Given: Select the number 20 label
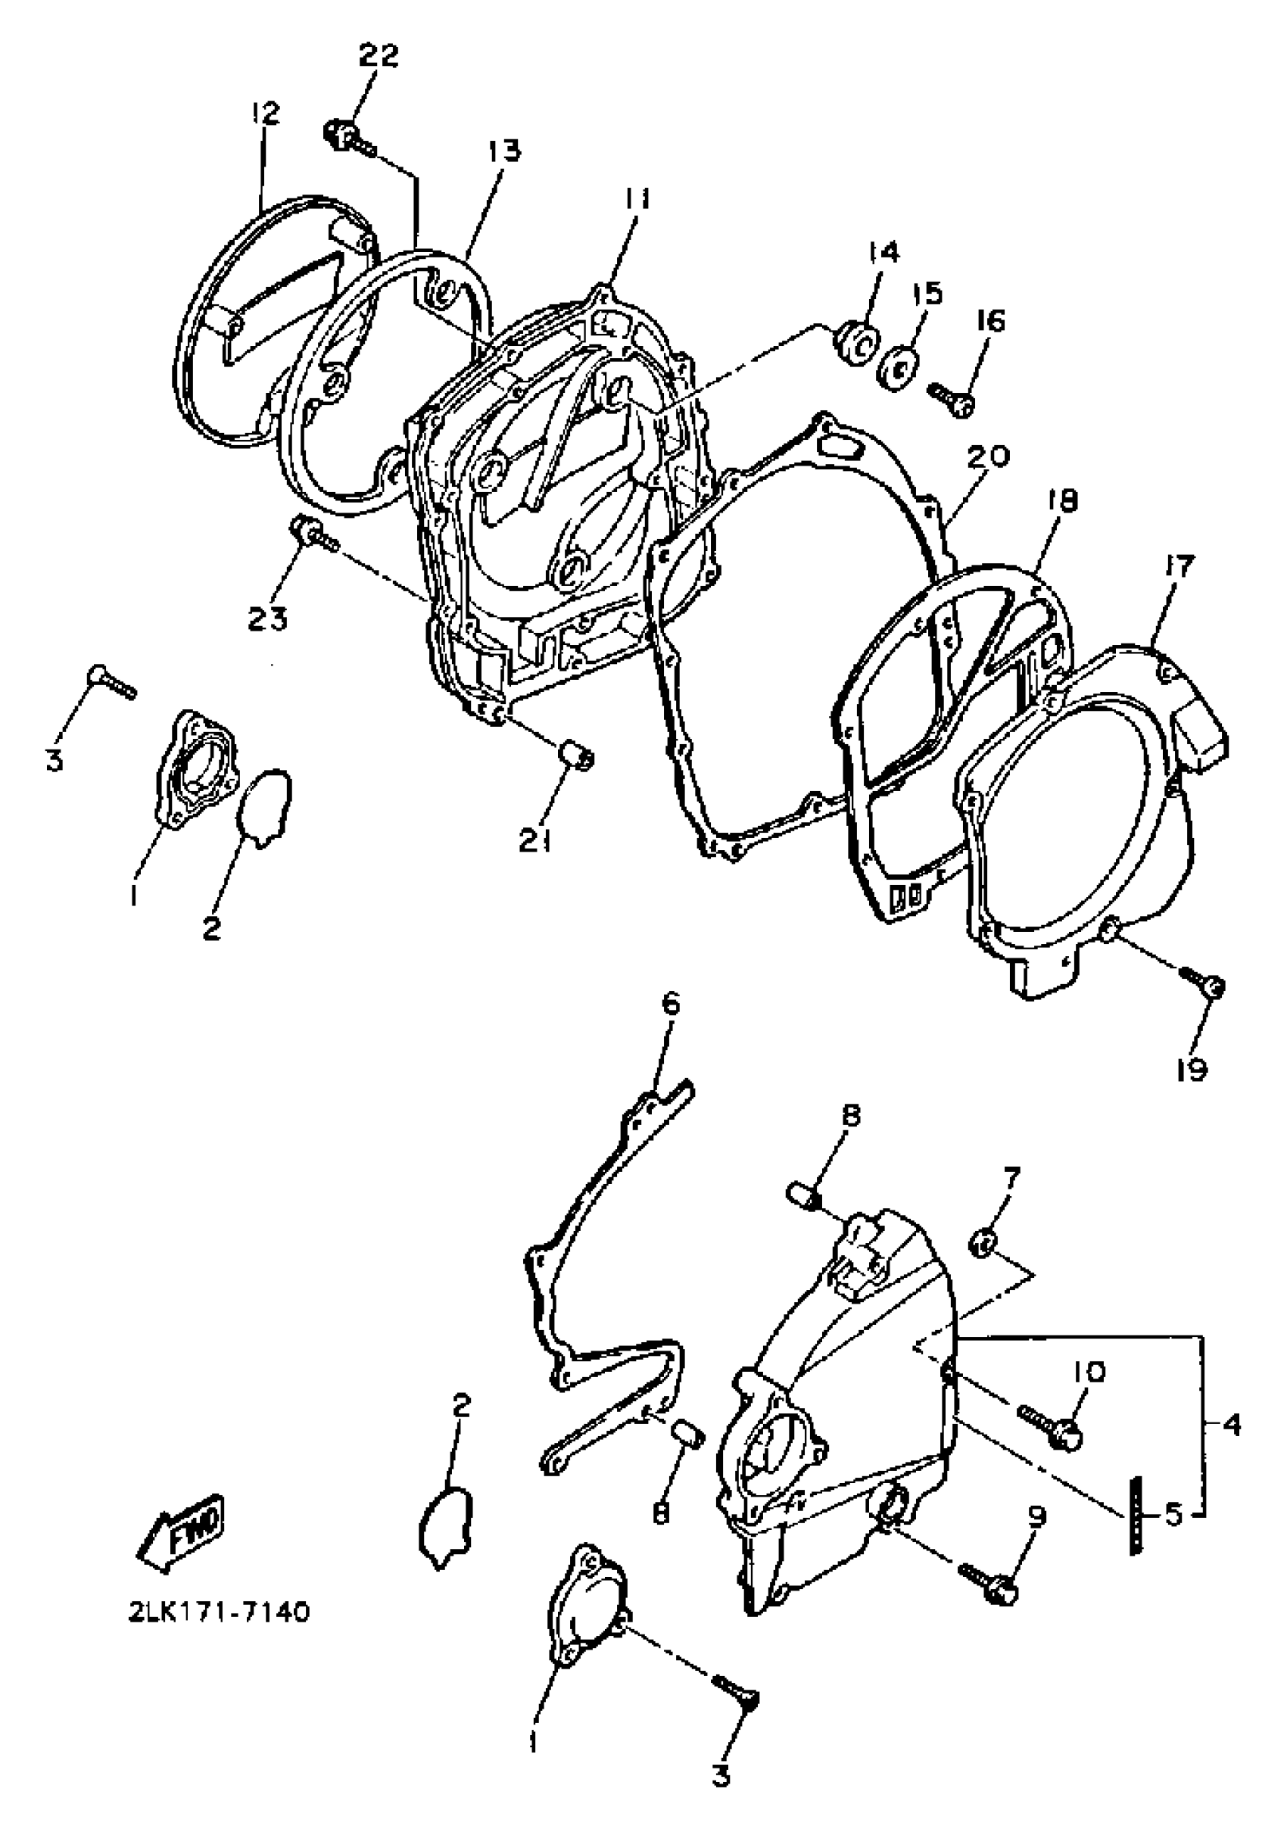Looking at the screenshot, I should click(989, 456).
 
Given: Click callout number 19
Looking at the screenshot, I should click(1192, 1070).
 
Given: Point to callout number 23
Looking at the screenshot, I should click(267, 618).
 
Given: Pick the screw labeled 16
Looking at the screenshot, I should click(952, 397).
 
